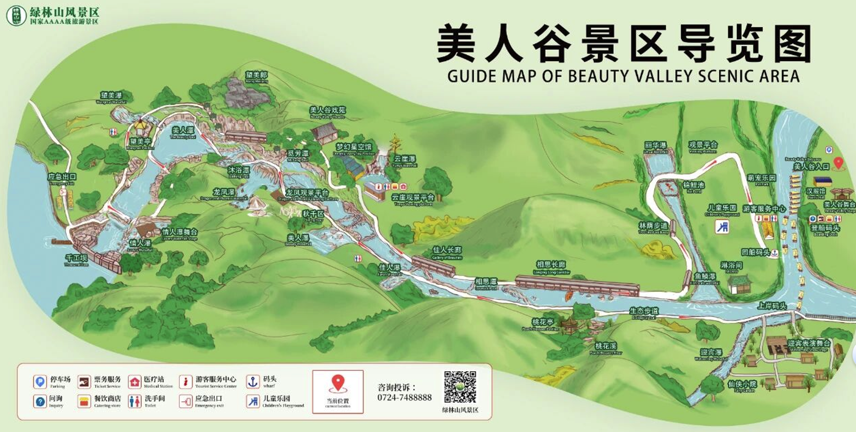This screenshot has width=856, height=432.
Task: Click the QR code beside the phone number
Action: point(460,387)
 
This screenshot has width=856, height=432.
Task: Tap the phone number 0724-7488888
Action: point(404,398)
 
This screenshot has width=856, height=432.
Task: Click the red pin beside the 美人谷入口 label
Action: point(838,163)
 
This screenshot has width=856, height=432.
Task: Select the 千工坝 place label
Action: point(77,258)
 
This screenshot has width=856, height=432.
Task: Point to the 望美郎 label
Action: point(256,75)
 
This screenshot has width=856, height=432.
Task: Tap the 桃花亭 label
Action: point(542,322)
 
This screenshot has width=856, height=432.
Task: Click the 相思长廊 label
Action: point(551,265)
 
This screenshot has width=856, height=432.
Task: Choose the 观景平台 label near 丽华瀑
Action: point(702,144)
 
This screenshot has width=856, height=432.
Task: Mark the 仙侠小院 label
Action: point(742,384)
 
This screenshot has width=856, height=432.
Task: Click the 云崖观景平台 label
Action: point(413,197)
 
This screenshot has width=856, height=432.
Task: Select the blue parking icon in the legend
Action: point(40,381)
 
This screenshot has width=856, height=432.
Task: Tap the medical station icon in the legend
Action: point(135,382)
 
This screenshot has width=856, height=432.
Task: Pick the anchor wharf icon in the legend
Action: point(252,381)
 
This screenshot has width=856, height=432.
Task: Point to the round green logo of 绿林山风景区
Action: point(16,15)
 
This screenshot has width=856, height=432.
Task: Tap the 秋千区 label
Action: point(313,214)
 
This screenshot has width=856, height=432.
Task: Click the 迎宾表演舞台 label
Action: point(809,343)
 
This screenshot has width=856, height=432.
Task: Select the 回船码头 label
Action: point(756,252)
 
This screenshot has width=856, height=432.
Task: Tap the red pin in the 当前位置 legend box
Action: point(338,383)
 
